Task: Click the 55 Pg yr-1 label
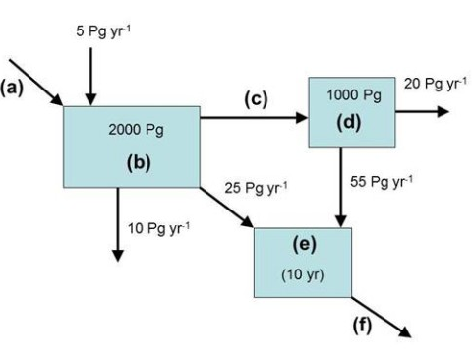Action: [x=382, y=181]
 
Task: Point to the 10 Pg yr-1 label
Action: [x=156, y=229]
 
